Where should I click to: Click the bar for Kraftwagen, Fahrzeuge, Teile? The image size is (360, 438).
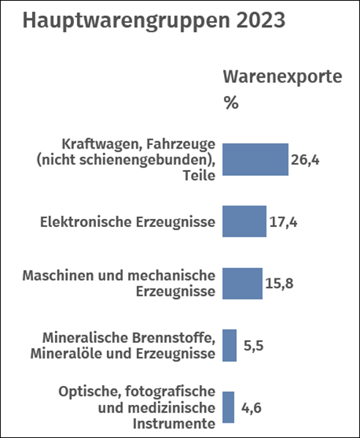255,160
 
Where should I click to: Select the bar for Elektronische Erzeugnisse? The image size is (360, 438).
244,221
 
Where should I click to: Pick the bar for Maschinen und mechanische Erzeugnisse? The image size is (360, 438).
242,283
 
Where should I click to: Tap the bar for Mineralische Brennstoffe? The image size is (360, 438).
230,346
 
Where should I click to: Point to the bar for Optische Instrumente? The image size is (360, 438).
228,407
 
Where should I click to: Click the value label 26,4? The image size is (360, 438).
305,160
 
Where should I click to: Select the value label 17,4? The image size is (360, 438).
283,223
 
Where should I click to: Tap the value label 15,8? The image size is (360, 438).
279,283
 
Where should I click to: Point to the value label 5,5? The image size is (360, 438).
253,346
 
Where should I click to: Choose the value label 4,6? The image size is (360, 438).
252,408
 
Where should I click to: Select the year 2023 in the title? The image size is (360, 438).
261,20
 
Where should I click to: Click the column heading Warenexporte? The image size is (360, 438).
282,76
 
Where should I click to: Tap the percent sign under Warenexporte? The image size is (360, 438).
230,103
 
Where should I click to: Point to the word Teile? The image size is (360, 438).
199,176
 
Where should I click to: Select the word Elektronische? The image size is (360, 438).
86,222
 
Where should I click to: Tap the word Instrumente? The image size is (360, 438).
174,424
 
